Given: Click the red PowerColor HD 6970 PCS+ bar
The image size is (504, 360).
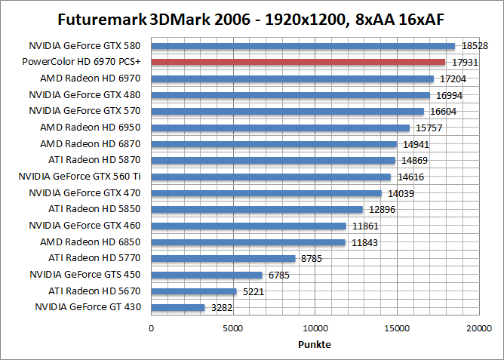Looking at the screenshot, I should click(298, 62).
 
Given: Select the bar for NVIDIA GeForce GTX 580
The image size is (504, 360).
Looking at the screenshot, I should click(303, 46).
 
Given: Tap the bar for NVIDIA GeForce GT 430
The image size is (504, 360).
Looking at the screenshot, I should click(178, 307).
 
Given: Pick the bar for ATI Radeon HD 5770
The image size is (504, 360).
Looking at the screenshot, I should click(223, 258).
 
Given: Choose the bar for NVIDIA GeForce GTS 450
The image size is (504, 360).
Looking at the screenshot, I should click(207, 275).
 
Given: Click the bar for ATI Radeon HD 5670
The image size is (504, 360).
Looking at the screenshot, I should click(194, 291).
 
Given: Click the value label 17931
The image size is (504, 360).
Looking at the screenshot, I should click(463, 62).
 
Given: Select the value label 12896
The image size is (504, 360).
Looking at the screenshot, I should click(380, 209).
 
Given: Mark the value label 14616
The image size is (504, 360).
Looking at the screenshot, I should click(408, 177).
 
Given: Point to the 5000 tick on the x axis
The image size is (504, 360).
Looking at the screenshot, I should click(233, 328).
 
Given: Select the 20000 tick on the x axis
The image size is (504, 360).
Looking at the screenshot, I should click(478, 328).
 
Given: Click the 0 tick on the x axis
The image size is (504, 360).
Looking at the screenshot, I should click(152, 328).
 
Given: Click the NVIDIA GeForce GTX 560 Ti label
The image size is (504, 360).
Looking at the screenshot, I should click(85, 177).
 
